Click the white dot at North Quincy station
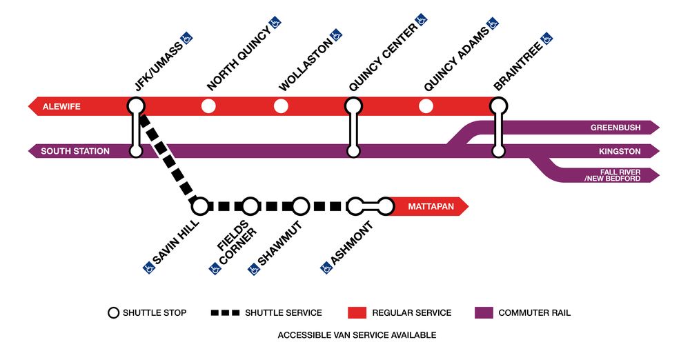(x=208, y=106)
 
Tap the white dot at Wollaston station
(x=280, y=106)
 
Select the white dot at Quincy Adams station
(x=426, y=106)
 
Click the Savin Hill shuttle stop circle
(x=200, y=206)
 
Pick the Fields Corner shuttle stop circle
(x=250, y=206)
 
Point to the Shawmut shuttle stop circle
(x=300, y=206)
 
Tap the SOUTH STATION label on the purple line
(x=75, y=151)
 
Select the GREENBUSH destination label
(x=615, y=128)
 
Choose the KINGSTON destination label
(x=619, y=151)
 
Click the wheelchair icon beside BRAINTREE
(x=546, y=38)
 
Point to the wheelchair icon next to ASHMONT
(x=327, y=268)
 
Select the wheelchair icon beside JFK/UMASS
(x=186, y=37)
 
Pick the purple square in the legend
(x=484, y=312)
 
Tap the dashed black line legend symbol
(x=224, y=312)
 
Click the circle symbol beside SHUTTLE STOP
(x=113, y=312)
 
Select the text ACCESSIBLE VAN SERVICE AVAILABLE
(x=356, y=335)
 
